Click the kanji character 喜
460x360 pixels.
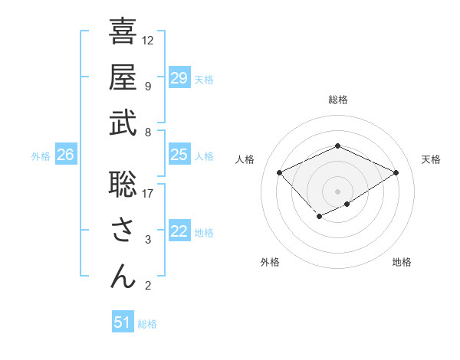point(123,31)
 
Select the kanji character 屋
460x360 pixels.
point(123,77)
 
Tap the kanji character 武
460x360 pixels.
point(123,123)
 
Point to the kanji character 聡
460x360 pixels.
point(123,184)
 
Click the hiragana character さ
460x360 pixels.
point(123,231)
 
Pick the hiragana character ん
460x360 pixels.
point(123,276)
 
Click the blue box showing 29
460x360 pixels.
point(179,78)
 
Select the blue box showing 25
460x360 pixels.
point(179,155)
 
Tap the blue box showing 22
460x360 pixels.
point(179,232)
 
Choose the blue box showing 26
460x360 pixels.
point(65,155)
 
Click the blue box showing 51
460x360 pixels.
point(123,322)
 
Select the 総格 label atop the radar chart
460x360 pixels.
point(338,100)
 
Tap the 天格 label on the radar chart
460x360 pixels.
point(432,159)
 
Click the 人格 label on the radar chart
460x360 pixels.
point(245,159)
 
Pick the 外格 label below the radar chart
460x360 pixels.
point(270,263)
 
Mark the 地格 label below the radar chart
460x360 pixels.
point(402,263)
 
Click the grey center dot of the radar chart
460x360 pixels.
point(338,191)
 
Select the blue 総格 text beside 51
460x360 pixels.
point(147,324)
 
